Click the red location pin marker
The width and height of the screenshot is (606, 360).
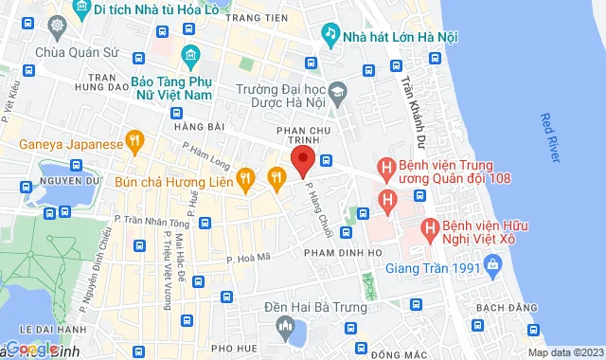click(302, 160)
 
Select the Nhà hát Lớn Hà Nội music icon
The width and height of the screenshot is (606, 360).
click(330, 35)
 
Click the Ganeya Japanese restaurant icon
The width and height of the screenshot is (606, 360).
click(135, 144)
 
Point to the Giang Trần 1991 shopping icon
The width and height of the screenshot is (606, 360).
click(492, 269)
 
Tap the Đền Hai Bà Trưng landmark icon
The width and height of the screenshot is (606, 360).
click(285, 327)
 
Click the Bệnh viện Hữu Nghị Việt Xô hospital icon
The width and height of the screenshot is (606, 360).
click(429, 228)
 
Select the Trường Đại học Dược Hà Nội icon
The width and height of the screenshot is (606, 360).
click(339, 93)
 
